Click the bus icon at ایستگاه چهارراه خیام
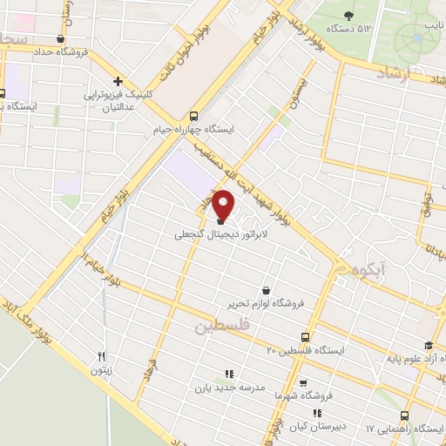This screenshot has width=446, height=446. pos(193,115)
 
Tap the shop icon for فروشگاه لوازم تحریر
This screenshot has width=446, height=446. pos(266,290)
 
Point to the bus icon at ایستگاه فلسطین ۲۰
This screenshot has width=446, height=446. pos(305,336)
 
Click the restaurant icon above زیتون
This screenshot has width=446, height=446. pos(102,356)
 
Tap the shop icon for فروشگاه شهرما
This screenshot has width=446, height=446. pos(302,382)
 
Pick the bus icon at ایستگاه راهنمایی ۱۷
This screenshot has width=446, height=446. pos(404,416)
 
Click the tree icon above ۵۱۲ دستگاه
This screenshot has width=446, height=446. pos(349,15)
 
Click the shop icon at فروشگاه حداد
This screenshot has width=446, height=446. pos(60,38)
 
